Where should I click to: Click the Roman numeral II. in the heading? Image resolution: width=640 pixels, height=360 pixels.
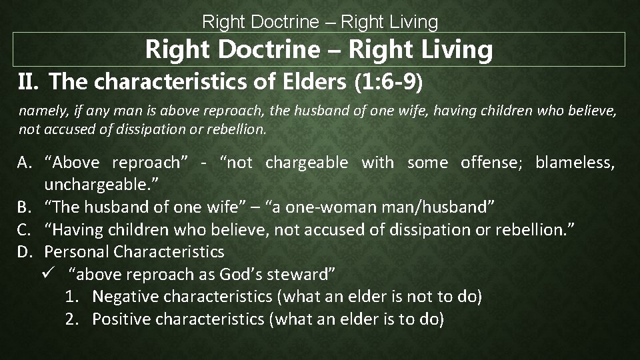pos(29,82)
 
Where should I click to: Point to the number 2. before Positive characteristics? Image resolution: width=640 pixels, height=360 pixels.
pos(73,319)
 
